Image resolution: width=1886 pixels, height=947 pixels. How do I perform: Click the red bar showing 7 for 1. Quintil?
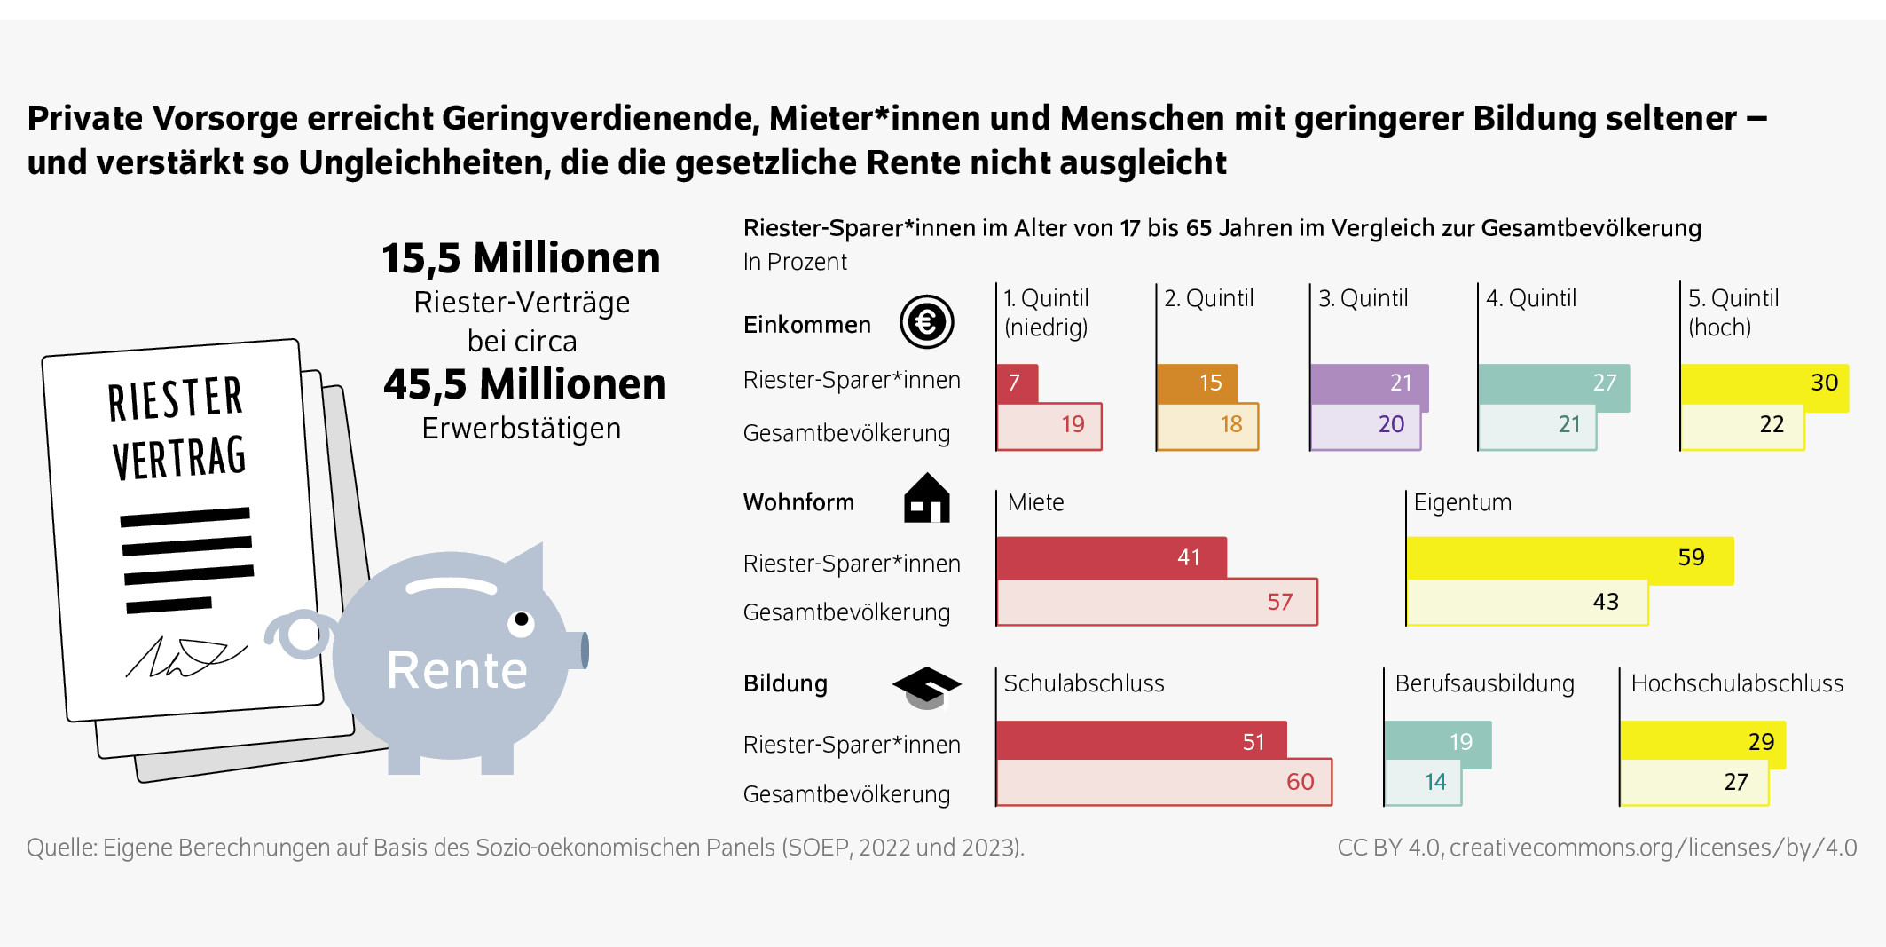[1017, 383]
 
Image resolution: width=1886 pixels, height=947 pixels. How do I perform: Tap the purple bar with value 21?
[1369, 383]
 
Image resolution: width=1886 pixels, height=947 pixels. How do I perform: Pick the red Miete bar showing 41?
[1111, 557]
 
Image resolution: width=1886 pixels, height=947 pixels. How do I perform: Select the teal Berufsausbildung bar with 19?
[1437, 741]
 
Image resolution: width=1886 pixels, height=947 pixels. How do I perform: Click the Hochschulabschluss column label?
[1736, 683]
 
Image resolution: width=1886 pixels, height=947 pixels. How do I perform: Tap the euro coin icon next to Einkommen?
[926, 322]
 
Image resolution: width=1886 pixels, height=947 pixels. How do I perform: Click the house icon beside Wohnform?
[926, 499]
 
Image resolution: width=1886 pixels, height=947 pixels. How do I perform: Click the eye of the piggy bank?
[521, 619]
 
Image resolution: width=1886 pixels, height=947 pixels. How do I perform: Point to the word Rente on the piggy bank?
[457, 670]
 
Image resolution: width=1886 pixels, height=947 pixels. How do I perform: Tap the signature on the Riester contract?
[185, 658]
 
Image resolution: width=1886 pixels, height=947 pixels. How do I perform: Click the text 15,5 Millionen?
[521, 258]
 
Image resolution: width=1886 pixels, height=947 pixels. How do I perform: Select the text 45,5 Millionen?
[524, 384]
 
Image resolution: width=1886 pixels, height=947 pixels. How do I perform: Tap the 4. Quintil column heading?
[1531, 298]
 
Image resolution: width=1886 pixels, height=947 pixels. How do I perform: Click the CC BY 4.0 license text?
[1596, 848]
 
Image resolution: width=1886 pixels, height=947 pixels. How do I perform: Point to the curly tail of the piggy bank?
[301, 634]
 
